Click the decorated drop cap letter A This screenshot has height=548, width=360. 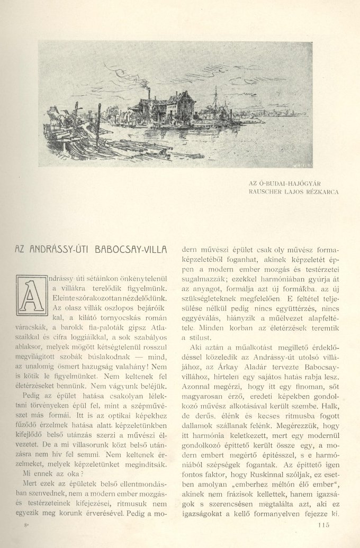click(30, 293)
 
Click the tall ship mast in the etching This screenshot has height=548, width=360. click(216, 101)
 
